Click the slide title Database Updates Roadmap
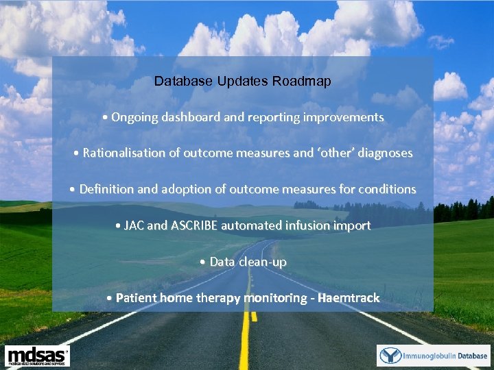coord(242,81)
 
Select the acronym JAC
coord(134,225)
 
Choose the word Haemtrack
coord(349,298)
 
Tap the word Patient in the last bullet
coord(136,298)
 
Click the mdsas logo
coord(37,356)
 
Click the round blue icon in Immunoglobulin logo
coord(390,356)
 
